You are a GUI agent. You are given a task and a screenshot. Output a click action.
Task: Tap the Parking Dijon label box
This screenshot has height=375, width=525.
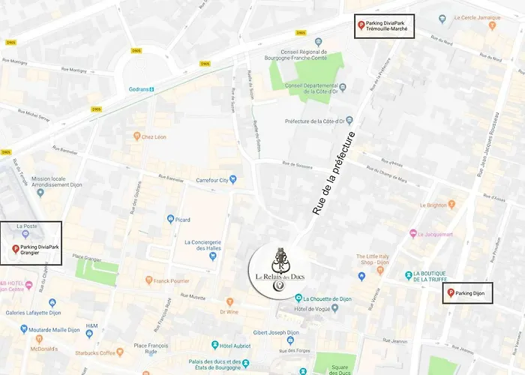point(467,292)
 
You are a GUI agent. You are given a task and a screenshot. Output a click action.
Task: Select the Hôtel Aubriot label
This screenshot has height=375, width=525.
point(233,346)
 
